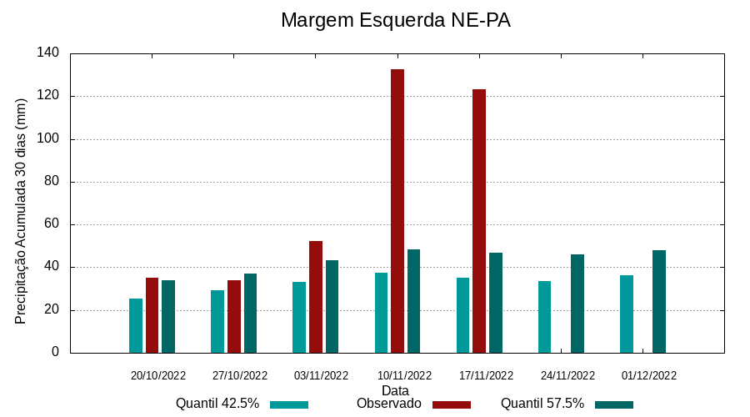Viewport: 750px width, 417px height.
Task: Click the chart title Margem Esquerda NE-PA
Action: pos(395,20)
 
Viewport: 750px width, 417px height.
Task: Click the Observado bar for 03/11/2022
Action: pos(316,297)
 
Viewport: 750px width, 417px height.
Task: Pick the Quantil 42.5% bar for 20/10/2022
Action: pos(136,325)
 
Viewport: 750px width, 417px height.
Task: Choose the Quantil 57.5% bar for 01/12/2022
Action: pos(659,301)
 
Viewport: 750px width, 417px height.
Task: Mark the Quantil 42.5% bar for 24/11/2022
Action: pos(544,317)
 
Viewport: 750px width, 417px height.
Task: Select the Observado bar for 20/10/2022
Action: pos(152,315)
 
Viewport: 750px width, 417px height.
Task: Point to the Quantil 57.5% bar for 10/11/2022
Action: pos(414,301)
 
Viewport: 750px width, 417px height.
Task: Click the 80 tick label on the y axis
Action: pos(52,182)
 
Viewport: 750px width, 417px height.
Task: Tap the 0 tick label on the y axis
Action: pos(55,352)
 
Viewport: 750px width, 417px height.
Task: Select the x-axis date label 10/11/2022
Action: pos(404,376)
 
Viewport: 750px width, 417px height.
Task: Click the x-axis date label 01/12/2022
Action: pos(649,376)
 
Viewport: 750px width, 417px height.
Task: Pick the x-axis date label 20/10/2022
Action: pos(158,376)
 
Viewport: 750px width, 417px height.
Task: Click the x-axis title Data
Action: pos(395,390)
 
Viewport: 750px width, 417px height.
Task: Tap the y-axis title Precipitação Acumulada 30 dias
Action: pos(22,210)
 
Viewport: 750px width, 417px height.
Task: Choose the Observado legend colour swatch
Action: pos(452,404)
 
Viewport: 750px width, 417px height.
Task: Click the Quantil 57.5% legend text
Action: pos(542,404)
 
